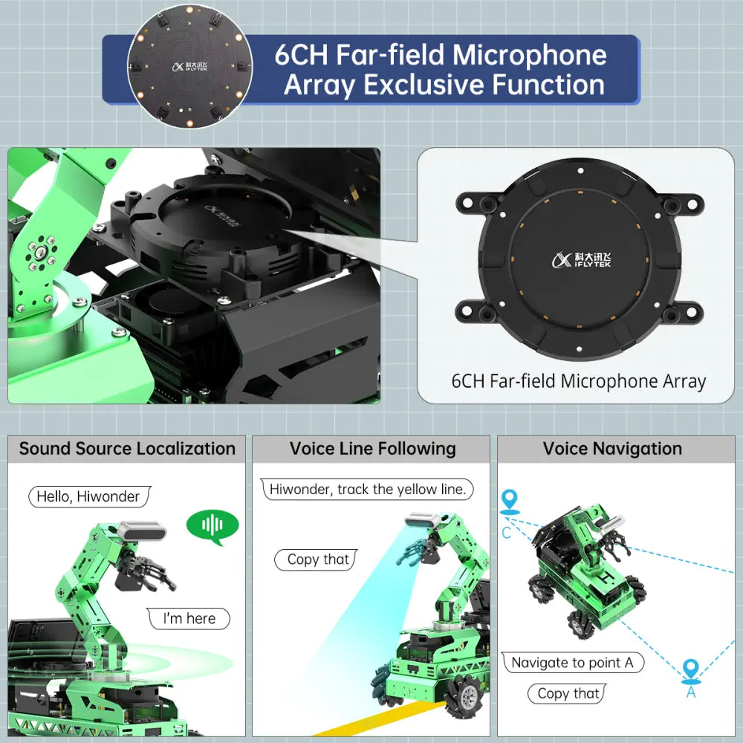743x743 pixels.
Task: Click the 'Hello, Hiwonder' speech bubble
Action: click(x=90, y=496)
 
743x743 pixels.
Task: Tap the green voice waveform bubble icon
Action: click(x=212, y=527)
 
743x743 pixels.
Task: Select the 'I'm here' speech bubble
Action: click(x=189, y=618)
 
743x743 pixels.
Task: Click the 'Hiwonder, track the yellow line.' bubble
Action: click(x=367, y=489)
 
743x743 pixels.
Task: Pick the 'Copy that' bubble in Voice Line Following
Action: click(x=316, y=559)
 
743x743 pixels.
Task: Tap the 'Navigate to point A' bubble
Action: click(x=573, y=662)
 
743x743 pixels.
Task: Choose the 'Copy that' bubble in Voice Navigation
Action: click(x=567, y=694)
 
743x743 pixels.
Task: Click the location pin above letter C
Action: click(x=510, y=502)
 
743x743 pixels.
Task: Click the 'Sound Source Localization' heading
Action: click(x=127, y=448)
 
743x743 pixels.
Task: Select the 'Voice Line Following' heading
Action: click(x=372, y=448)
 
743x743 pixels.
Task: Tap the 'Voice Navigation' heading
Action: click(x=612, y=448)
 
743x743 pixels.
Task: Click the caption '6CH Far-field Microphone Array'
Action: click(x=579, y=381)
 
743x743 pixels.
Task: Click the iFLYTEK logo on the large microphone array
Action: click(x=582, y=259)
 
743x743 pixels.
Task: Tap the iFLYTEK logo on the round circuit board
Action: click(x=189, y=66)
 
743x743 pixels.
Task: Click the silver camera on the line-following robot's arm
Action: click(x=423, y=520)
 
